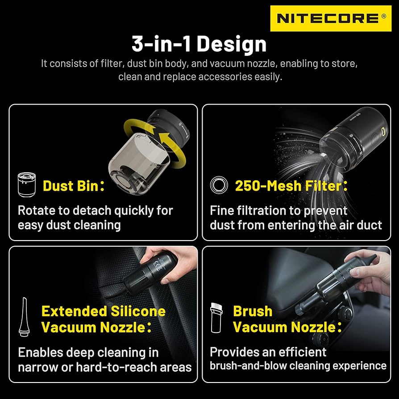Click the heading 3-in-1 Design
(x=199, y=44)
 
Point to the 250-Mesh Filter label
(x=291, y=185)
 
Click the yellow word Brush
(x=252, y=311)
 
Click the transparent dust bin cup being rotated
(x=139, y=158)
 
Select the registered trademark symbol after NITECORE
(x=383, y=17)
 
